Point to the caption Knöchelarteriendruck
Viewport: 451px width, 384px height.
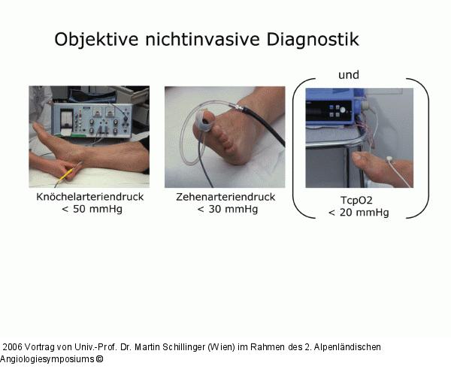tap(91, 197)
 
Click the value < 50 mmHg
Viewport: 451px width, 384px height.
tap(91, 209)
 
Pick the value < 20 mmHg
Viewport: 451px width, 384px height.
tap(359, 213)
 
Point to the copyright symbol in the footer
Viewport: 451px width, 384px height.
tap(98, 359)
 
